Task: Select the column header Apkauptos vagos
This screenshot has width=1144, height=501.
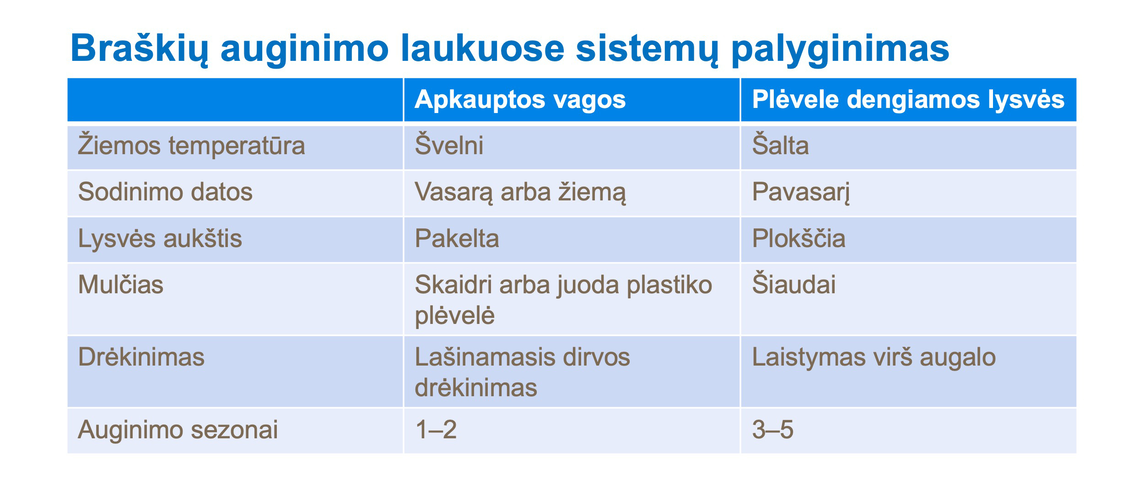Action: [x=520, y=100]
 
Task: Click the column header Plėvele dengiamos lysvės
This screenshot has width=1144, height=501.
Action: [x=908, y=100]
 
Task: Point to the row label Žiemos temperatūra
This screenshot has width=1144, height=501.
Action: [x=191, y=145]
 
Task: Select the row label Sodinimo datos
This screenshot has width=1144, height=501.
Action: [x=165, y=192]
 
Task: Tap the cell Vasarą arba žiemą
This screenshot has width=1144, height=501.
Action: [x=520, y=193]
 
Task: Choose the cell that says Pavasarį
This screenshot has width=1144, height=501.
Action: [x=801, y=193]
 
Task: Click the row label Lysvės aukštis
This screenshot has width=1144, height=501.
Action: [x=160, y=239]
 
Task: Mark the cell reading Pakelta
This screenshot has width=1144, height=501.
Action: [x=457, y=239]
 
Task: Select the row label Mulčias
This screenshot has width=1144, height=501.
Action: [x=120, y=284]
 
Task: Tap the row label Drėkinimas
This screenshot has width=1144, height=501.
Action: [x=141, y=357]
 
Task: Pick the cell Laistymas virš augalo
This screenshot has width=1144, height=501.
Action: [x=874, y=357]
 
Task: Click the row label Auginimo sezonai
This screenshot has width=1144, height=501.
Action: [x=178, y=431]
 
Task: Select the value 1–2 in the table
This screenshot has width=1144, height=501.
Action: [x=436, y=430]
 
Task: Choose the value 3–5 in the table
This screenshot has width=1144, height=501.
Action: [x=773, y=430]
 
